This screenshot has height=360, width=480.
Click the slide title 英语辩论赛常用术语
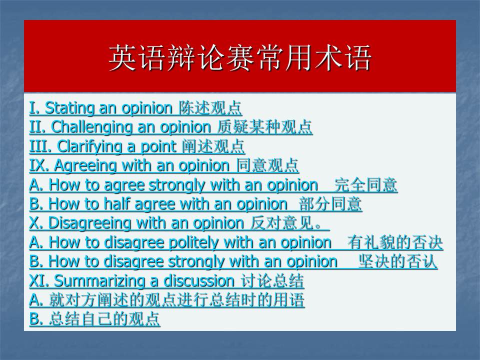[x=240, y=58]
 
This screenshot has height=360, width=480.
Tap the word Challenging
[x=91, y=127]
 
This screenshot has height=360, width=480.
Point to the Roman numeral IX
[x=39, y=165]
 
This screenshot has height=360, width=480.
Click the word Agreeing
[x=85, y=166]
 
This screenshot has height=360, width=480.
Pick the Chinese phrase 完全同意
[x=365, y=185]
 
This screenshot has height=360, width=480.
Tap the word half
[x=116, y=204]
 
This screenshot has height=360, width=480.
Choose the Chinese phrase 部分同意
[x=330, y=204]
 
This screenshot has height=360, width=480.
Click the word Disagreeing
[x=89, y=223]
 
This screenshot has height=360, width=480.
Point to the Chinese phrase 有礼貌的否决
[x=395, y=242]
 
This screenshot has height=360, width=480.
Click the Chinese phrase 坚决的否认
[x=397, y=261]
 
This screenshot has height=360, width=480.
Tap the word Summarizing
[x=98, y=280]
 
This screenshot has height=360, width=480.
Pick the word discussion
[x=199, y=280]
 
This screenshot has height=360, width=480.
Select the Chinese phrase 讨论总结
[x=272, y=280]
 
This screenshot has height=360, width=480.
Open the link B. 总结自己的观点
[x=94, y=319]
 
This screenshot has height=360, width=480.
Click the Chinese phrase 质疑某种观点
[x=264, y=127]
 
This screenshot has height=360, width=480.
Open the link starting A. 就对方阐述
[x=167, y=300]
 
